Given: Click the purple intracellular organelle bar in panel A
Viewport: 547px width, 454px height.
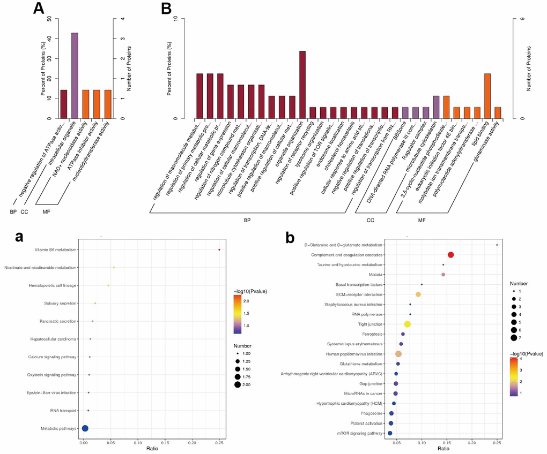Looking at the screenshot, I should coord(75,75).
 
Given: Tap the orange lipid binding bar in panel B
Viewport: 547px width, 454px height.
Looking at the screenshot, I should coord(487,96).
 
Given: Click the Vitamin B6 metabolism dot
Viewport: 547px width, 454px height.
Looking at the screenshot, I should coord(219,249).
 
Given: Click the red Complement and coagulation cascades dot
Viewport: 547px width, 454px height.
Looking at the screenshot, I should coord(451,255).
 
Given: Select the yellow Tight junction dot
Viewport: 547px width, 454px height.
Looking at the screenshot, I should coord(408,324).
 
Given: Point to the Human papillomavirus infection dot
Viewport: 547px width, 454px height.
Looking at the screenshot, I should coord(398,354).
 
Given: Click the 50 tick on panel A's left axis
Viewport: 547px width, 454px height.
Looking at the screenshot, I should coord(49,19).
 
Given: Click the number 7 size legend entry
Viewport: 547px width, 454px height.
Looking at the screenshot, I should coord(514,337).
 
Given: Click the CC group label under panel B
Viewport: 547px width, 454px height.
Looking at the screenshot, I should coord(370,220).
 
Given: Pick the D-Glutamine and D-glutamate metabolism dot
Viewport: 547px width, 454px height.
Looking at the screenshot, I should coord(497,245).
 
